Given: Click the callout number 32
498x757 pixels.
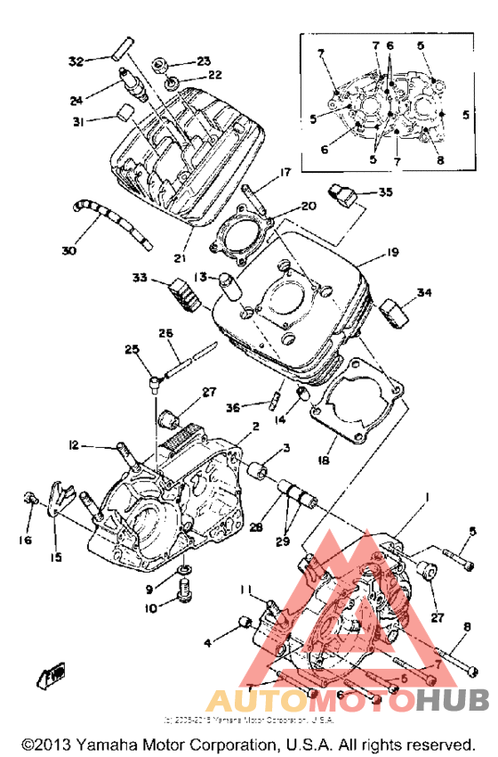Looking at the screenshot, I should coord(76,61).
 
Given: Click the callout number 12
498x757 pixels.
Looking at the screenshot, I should coord(74,444).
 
